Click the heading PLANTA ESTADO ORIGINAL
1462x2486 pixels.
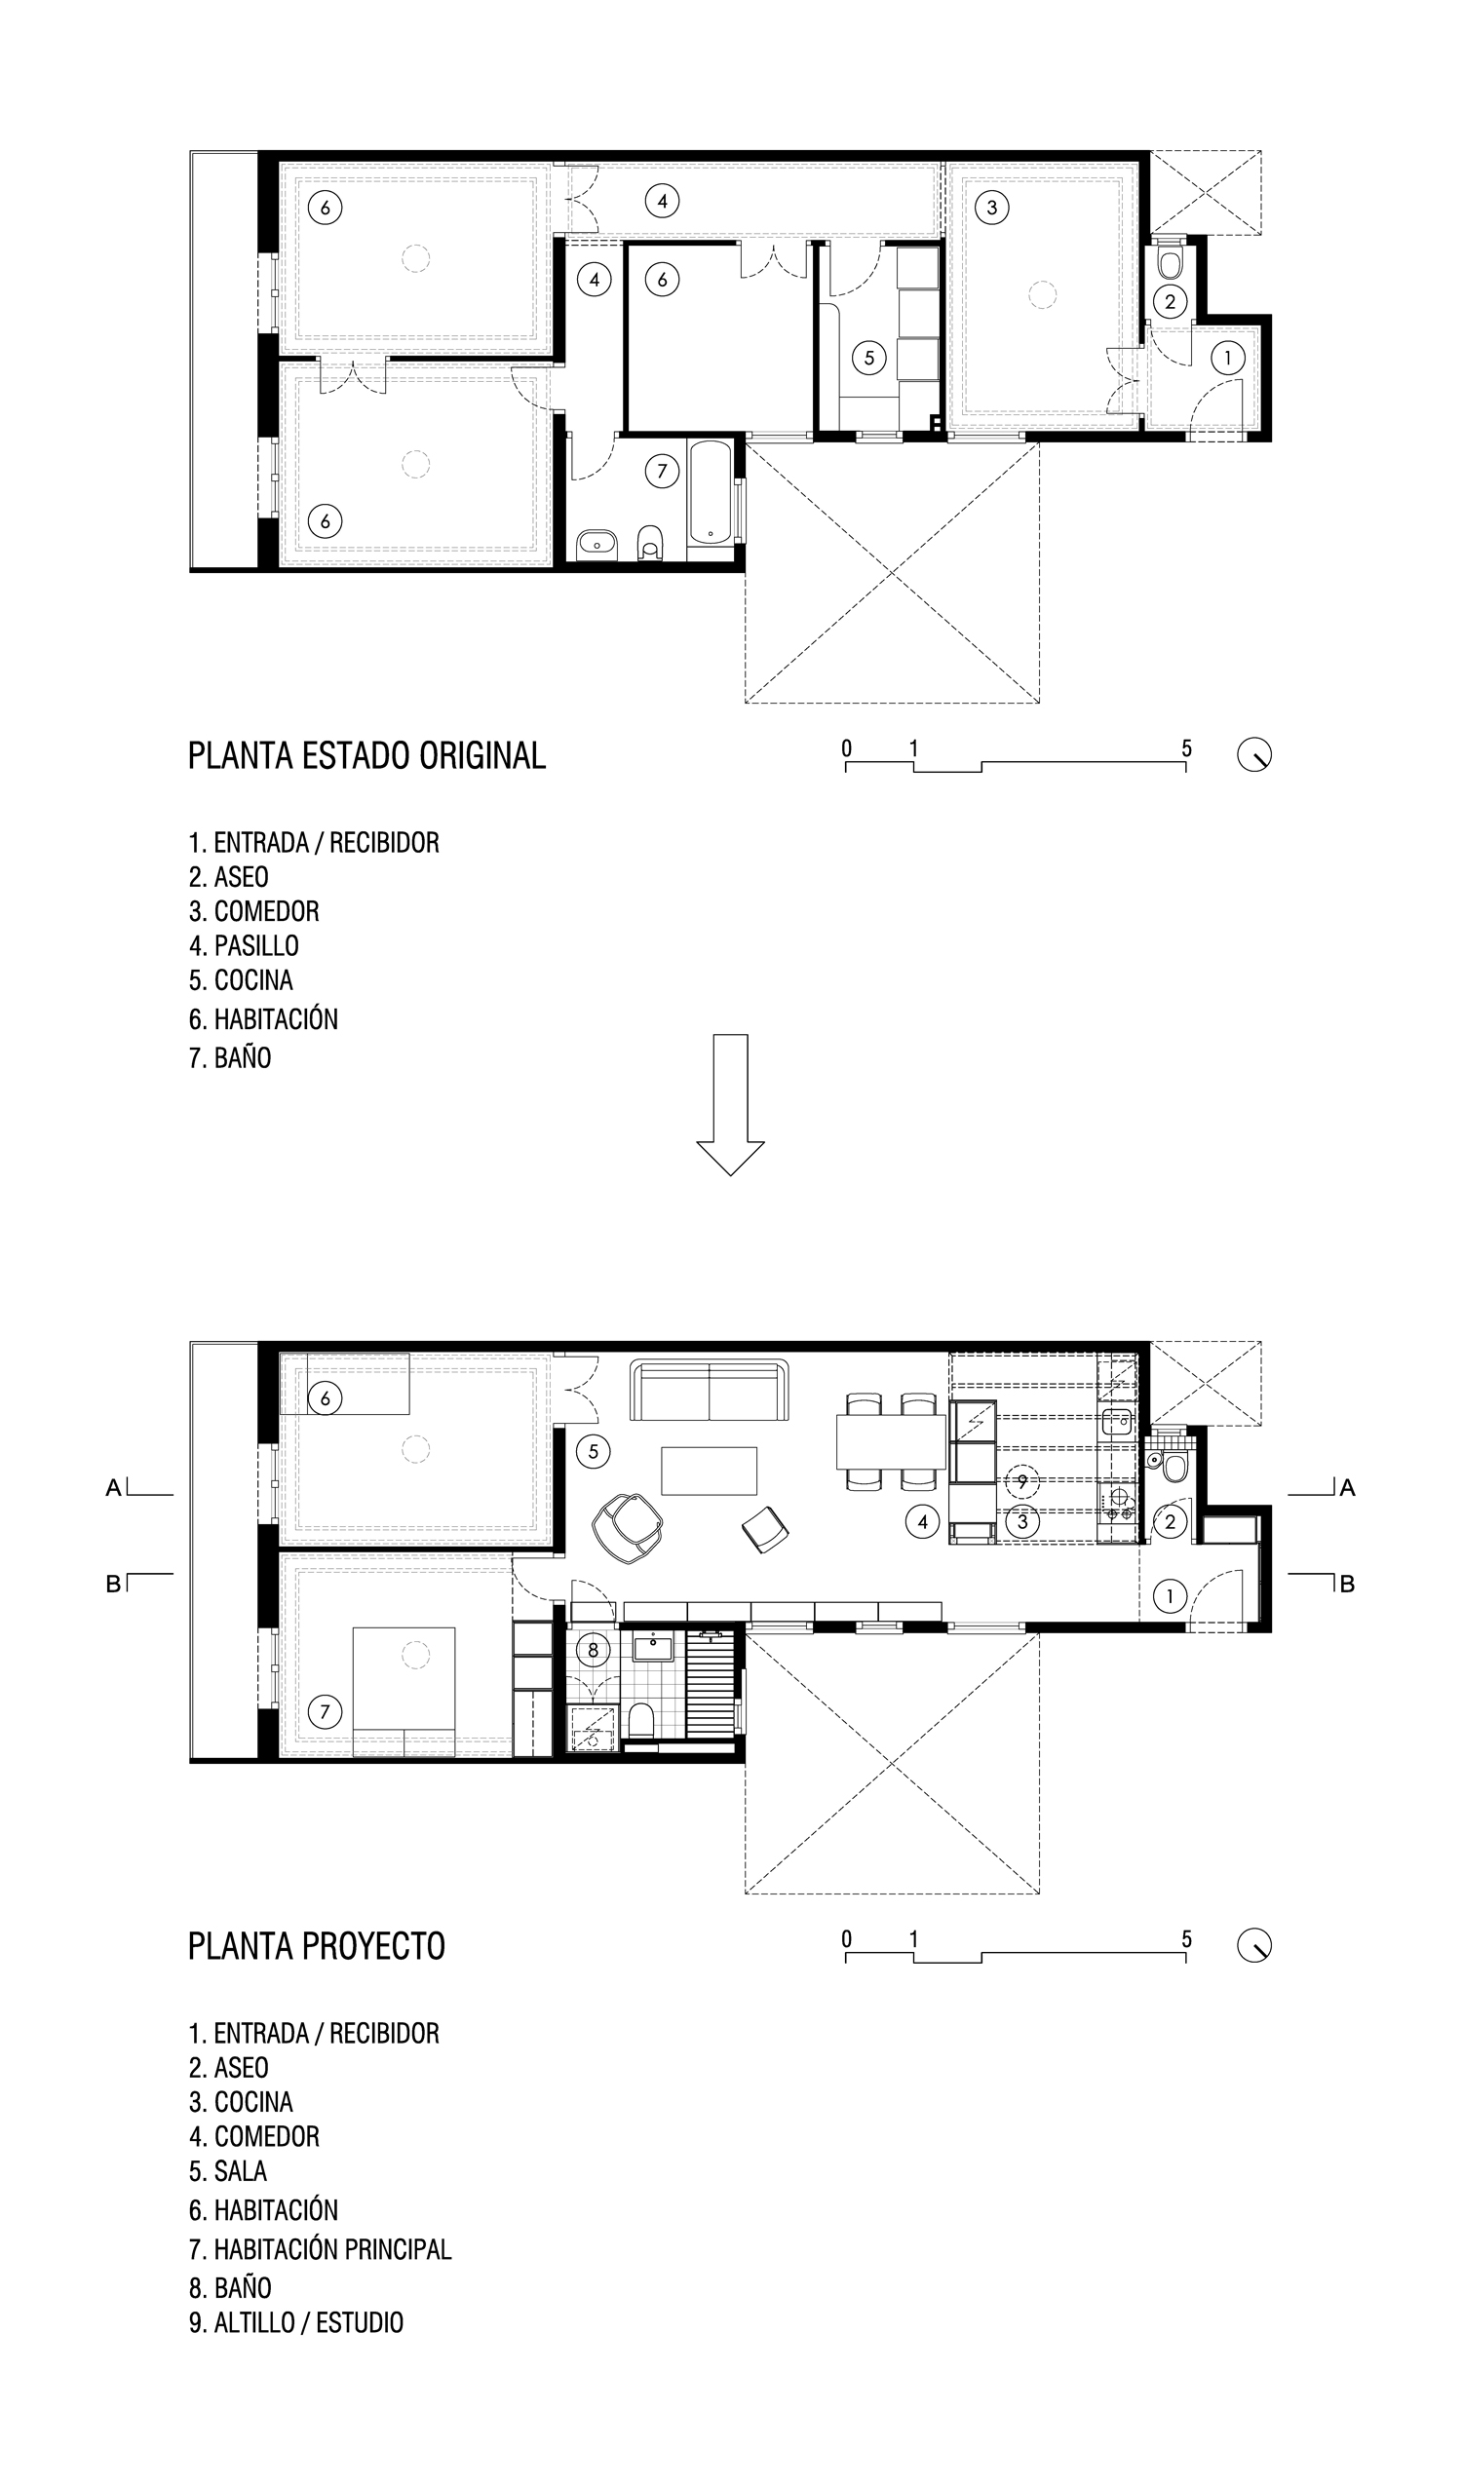[366, 755]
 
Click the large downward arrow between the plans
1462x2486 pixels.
[730, 1105]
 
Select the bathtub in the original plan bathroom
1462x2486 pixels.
[711, 491]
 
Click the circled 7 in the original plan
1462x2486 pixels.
[662, 472]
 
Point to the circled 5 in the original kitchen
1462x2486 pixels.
[869, 357]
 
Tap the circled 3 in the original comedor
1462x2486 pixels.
[992, 208]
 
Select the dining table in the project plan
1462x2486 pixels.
[892, 1442]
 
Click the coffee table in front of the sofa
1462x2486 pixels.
[710, 1471]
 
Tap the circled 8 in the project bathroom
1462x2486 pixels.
[593, 1650]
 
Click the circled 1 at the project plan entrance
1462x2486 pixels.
[1170, 1595]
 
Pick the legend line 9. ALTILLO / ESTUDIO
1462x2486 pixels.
[296, 2322]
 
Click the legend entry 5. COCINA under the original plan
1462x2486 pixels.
[241, 980]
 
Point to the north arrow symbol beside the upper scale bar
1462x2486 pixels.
[1254, 755]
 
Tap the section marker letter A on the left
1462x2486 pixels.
[113, 1488]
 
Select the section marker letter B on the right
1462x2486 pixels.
[1348, 1585]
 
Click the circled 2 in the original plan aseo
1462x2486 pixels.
[1170, 302]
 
